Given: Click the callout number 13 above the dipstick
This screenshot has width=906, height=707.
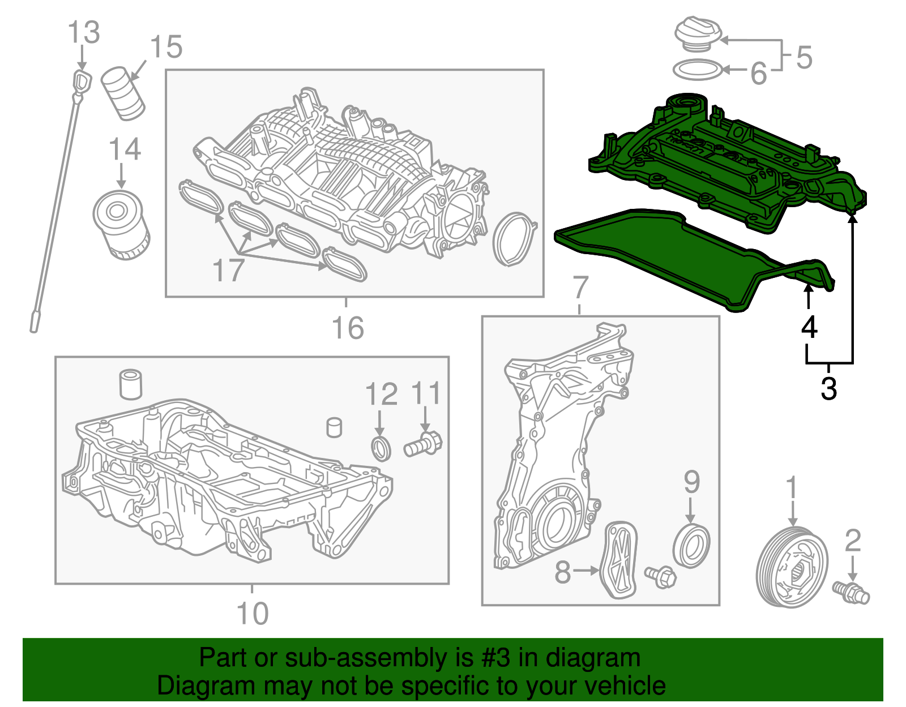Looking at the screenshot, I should pyautogui.click(x=84, y=33).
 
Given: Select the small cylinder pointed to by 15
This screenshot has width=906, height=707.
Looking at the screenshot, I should pyautogui.click(x=123, y=93).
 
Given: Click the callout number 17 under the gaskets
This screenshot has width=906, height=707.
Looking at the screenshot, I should pyautogui.click(x=228, y=271).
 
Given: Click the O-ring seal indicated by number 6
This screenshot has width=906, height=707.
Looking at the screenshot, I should pyautogui.click(x=698, y=70).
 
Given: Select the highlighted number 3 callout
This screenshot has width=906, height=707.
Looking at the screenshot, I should pyautogui.click(x=828, y=389).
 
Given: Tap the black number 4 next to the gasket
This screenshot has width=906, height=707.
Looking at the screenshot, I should pyautogui.click(x=810, y=327).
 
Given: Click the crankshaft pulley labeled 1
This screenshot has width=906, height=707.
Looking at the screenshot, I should pyautogui.click(x=792, y=567).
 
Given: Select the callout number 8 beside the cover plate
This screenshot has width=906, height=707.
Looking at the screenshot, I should pyautogui.click(x=562, y=572).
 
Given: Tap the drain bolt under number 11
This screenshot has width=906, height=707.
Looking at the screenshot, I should pyautogui.click(x=422, y=445).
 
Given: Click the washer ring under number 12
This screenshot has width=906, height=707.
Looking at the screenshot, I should pyautogui.click(x=381, y=448).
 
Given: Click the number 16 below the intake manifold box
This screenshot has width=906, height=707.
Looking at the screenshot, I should pyautogui.click(x=347, y=329).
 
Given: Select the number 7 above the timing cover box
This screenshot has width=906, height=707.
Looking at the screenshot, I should pyautogui.click(x=580, y=288).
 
